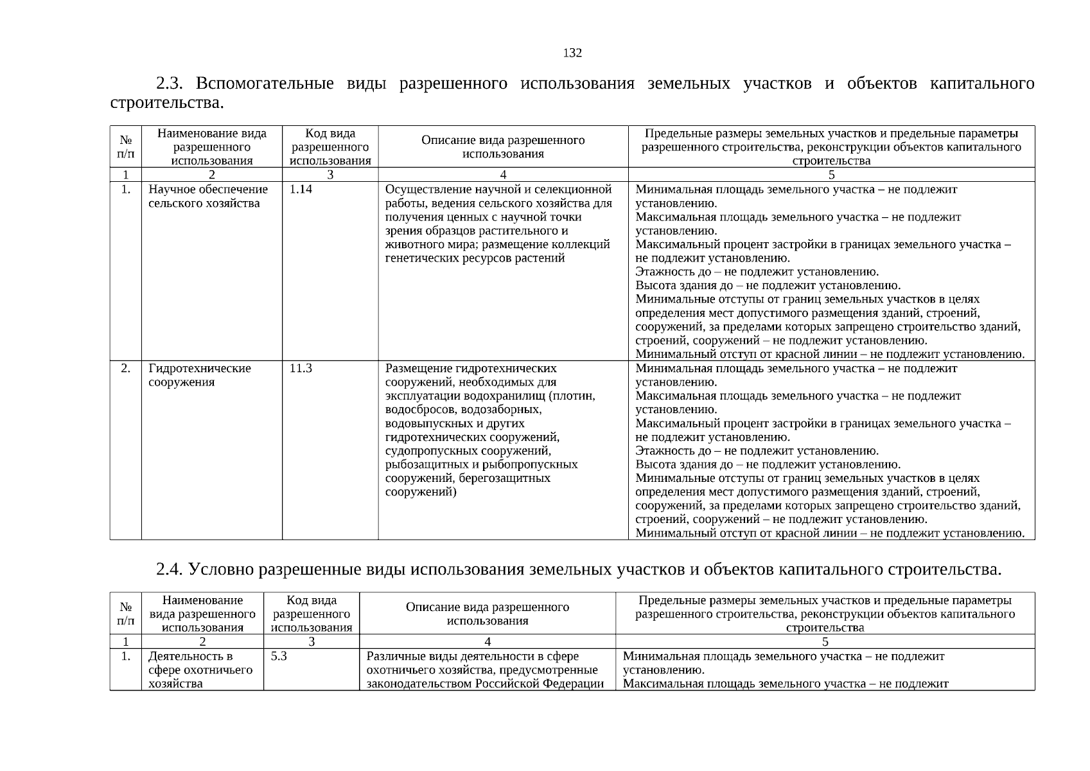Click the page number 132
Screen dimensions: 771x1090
tap(572, 53)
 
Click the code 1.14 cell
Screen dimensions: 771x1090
tap(301, 190)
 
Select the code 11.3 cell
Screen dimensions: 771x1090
tap(301, 369)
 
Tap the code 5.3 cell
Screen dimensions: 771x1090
tap(279, 657)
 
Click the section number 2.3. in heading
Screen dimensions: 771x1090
tap(170, 84)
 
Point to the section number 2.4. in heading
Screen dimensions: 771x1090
tap(170, 570)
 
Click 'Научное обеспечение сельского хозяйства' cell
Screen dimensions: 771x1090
tap(207, 197)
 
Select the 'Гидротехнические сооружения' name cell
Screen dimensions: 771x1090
tap(199, 376)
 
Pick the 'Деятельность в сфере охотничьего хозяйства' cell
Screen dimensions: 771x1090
tap(200, 669)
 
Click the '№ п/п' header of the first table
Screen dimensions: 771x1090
tap(126, 147)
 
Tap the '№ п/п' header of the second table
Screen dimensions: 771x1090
tap(126, 614)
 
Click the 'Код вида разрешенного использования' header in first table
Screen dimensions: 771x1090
tap(330, 147)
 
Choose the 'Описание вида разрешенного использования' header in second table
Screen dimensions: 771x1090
tap(488, 614)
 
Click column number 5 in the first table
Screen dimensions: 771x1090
tap(831, 175)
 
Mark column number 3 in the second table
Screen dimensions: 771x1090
tap(312, 641)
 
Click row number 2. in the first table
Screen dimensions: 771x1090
tap(126, 369)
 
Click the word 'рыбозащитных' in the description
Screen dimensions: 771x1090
tap(421, 465)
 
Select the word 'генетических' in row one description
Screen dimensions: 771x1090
tap(416, 258)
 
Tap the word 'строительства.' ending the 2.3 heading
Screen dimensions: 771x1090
tap(167, 103)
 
